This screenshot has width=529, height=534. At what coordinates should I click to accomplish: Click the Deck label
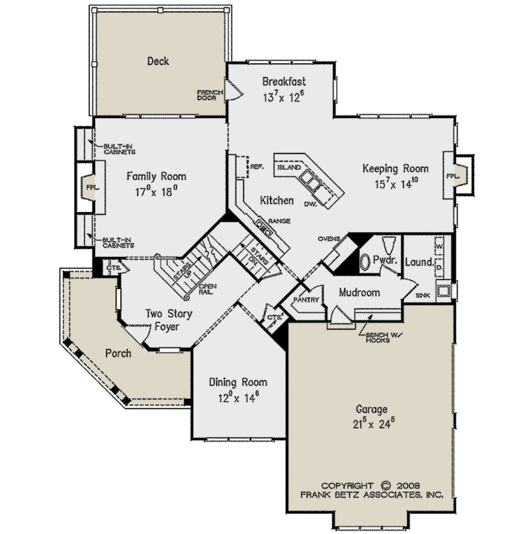(x=158, y=61)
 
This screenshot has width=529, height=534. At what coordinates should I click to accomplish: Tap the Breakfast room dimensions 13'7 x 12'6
(x=283, y=97)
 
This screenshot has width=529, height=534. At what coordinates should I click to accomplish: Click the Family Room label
(x=156, y=176)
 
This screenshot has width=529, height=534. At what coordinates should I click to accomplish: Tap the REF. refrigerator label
(x=257, y=167)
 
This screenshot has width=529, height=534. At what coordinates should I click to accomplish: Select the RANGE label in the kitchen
(x=279, y=221)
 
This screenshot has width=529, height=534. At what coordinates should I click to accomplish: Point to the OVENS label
(x=328, y=239)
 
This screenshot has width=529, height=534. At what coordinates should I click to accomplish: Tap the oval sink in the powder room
(x=365, y=261)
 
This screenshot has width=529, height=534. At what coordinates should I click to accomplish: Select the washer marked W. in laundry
(x=439, y=246)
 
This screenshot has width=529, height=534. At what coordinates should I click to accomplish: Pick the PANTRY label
(x=306, y=299)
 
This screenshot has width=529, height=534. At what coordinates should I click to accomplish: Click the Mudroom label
(x=359, y=292)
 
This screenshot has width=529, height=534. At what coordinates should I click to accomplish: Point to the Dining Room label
(x=238, y=382)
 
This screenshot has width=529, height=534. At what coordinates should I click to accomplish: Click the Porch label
(x=118, y=354)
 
